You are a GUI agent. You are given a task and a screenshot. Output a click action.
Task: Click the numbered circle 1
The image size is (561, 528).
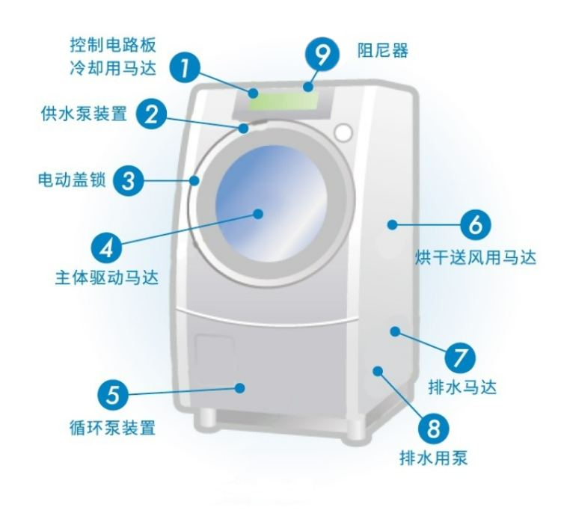(x=185, y=67)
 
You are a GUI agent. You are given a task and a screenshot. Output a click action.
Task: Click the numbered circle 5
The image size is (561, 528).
(x=112, y=394)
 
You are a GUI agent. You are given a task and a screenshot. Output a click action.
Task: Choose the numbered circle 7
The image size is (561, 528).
(x=460, y=357)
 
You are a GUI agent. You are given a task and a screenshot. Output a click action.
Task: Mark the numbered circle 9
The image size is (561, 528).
(x=322, y=54)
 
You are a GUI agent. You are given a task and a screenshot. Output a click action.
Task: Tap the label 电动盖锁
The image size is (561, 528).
(x=71, y=180)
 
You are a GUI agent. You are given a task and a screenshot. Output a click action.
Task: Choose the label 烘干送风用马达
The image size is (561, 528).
(x=476, y=258)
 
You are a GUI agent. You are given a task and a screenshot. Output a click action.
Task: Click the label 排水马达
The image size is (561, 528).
(x=463, y=387)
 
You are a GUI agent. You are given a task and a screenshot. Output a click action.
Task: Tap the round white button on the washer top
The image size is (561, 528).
(x=343, y=132)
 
